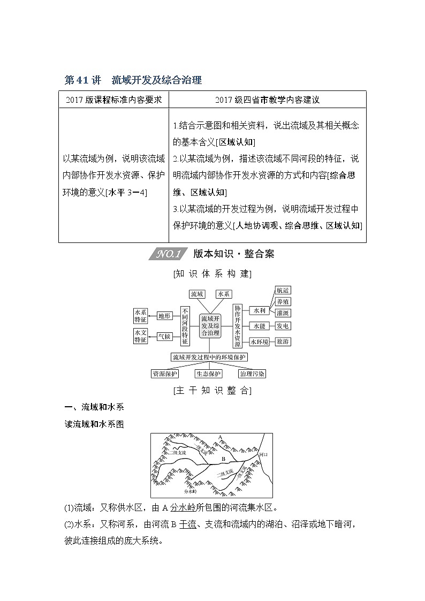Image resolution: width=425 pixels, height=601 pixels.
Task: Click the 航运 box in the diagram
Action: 282,290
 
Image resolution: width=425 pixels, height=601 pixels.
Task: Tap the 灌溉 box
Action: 282,313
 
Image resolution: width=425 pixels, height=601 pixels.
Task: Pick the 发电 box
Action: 282,325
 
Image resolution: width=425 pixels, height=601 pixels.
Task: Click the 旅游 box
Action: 282,341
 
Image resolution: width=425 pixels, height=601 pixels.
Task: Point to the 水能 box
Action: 259,325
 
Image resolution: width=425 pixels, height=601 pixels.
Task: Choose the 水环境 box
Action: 259,341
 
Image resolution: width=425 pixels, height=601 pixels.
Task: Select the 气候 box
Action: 164,336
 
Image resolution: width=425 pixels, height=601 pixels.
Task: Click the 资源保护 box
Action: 165,374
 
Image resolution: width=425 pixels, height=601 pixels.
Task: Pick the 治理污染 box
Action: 252,374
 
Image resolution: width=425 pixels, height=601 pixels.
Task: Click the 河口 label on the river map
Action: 262,454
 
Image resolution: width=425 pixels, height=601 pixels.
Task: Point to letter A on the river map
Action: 219,438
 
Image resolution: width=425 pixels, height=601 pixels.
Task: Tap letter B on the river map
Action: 223,459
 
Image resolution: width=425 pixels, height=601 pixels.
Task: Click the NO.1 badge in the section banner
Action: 169,254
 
